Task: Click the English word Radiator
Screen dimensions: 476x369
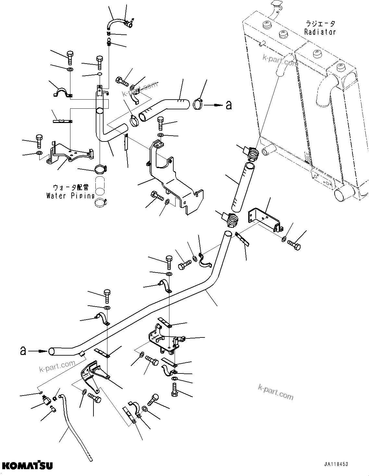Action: click(x=320, y=32)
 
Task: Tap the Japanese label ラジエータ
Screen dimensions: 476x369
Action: click(x=320, y=24)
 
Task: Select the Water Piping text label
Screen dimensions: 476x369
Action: click(x=70, y=196)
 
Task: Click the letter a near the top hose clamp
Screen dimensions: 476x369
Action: click(x=229, y=105)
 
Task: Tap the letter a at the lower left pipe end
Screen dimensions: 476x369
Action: click(x=23, y=351)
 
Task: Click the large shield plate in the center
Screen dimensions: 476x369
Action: click(x=172, y=182)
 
